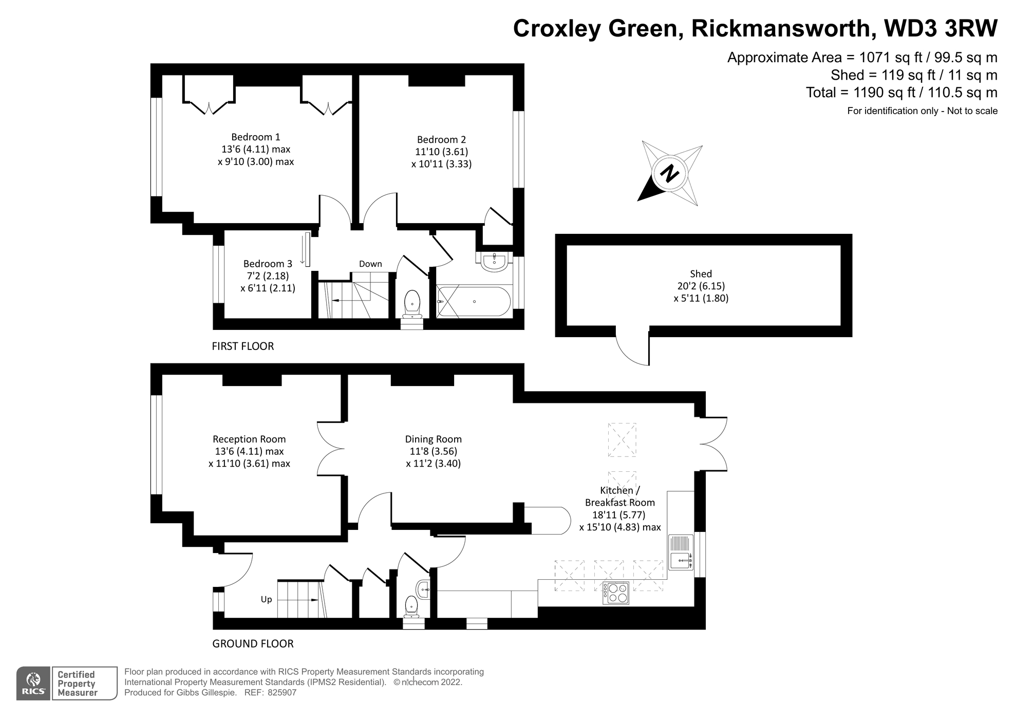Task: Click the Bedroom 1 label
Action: (255, 137)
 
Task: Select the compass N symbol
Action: (669, 173)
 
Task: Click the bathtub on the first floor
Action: (474, 302)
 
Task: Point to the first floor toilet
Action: (412, 303)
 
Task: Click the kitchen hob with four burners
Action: (615, 593)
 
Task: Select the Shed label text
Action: (701, 274)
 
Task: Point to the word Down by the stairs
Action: (370, 264)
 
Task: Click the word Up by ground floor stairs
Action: (266, 599)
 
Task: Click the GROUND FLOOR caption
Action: (253, 643)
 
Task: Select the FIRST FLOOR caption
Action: (242, 346)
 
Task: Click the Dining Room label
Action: (433, 439)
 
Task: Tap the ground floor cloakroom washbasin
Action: (423, 589)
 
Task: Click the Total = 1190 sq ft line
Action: (901, 93)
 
